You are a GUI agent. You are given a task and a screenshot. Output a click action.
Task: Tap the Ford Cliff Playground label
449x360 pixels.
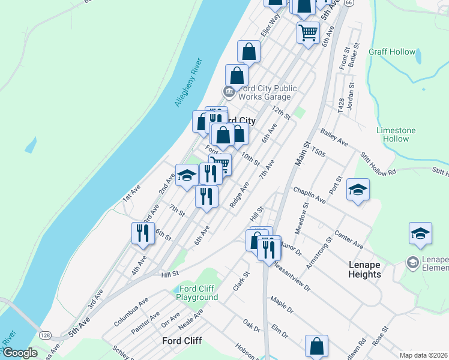coord(197,293)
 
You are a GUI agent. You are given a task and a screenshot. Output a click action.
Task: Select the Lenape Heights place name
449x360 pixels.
coord(364,269)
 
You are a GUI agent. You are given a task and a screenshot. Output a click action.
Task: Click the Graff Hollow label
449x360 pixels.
coord(392,52)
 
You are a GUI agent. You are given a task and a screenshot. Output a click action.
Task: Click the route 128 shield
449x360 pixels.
coord(45,334)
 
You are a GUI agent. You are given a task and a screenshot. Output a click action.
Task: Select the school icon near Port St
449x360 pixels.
coord(358,190)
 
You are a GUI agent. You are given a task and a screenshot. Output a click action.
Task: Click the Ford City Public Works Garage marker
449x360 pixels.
coord(229,92)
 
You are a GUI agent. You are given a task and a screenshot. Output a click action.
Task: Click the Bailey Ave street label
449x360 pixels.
coord(334,140)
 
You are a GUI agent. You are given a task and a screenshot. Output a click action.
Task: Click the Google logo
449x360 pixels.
coord(20,353)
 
